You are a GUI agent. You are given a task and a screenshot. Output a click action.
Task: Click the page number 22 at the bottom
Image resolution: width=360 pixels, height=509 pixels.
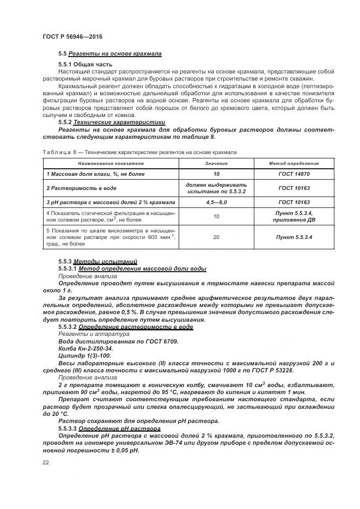click(46, 462)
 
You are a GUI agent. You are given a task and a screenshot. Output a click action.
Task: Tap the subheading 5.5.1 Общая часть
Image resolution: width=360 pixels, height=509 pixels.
click(85, 65)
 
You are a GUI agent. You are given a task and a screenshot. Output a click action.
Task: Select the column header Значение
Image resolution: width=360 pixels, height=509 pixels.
click(216, 163)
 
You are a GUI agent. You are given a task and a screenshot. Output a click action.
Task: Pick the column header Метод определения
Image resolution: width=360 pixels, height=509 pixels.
click(294, 163)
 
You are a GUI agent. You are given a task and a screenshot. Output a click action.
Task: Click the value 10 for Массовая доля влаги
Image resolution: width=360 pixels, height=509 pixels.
click(216, 174)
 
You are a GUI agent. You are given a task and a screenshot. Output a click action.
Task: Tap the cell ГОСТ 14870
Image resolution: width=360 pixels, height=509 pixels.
click(294, 174)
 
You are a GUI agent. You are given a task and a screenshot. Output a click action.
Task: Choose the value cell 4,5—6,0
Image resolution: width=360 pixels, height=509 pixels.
click(216, 202)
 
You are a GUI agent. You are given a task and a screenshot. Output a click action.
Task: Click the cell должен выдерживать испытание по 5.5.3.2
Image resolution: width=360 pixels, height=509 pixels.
click(216, 188)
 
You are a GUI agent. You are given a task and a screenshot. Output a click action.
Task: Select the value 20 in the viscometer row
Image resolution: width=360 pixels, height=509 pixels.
click(216, 237)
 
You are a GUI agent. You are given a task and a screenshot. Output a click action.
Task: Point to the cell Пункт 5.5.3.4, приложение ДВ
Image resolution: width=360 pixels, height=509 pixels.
click(294, 216)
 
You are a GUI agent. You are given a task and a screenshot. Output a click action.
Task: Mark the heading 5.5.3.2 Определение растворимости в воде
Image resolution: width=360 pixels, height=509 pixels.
click(125, 327)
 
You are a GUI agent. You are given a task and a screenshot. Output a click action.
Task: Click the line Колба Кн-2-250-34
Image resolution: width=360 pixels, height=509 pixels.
click(86, 348)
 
